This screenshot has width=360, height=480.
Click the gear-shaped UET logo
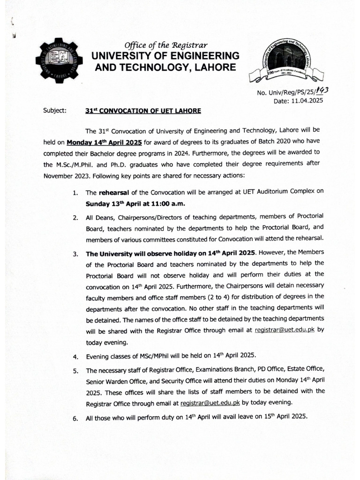click(x=59, y=60)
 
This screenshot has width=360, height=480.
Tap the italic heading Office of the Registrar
click(x=165, y=45)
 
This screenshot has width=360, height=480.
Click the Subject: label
click(x=55, y=111)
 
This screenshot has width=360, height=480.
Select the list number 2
click(x=75, y=218)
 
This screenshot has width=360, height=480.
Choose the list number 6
click(x=75, y=419)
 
